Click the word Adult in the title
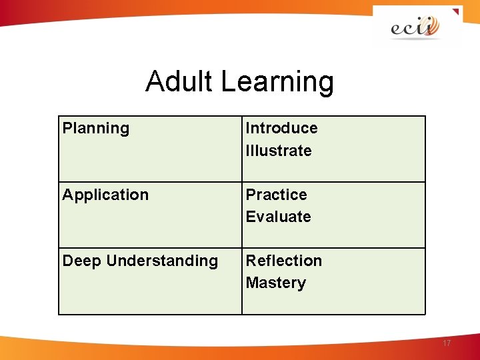pyautogui.click(x=180, y=81)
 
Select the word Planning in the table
pyautogui.click(x=95, y=128)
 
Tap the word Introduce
pyautogui.click(x=281, y=128)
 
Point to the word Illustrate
pyautogui.click(x=278, y=151)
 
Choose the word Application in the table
pyautogui.click(x=105, y=195)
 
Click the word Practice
pyautogui.click(x=276, y=195)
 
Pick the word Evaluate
pyautogui.click(x=278, y=217)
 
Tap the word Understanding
pyautogui.click(x=162, y=261)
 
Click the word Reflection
pyautogui.click(x=283, y=261)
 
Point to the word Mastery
pyautogui.click(x=275, y=283)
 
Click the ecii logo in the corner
pyautogui.click(x=415, y=27)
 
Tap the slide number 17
pyautogui.click(x=446, y=343)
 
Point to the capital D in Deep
pyautogui.click(x=68, y=261)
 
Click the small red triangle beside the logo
pyautogui.click(x=455, y=11)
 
